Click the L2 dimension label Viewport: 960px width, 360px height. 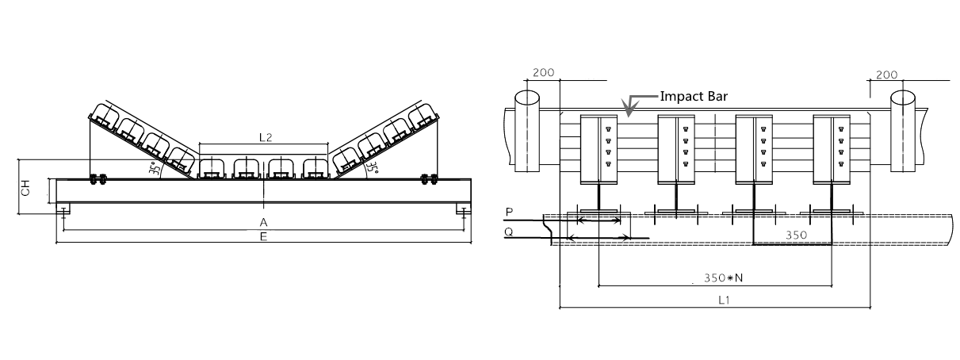coord(266,137)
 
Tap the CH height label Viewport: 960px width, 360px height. coord(25,188)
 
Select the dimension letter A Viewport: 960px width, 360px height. coord(263,223)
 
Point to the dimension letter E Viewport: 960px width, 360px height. coord(263,236)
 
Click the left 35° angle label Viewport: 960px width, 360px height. coord(155,168)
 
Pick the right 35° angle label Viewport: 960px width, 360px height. coord(372,167)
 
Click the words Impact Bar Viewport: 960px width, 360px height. coord(694,97)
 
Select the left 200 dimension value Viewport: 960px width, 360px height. coord(544,72)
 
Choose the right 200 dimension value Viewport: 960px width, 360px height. coord(887,75)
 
